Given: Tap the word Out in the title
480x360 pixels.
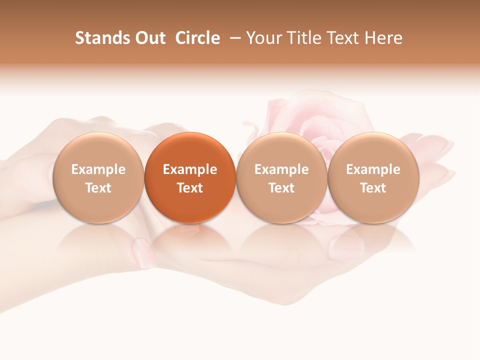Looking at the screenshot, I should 149,38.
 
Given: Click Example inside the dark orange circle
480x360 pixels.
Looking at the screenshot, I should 190,169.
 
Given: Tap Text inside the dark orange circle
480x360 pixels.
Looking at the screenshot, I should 190,188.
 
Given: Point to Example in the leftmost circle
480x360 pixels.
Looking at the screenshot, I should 98,169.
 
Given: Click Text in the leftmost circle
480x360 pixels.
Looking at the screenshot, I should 98,188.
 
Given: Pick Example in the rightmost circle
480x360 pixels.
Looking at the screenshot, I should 373,169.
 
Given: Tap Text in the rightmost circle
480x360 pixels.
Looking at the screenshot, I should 373,188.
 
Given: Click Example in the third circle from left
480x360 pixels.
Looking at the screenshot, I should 281,169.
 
